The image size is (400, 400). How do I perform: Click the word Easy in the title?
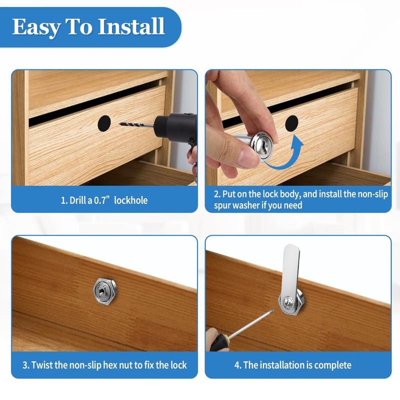click(x=35, y=27)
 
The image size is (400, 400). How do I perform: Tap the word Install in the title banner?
click(x=131, y=26)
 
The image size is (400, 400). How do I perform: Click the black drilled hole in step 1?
click(x=104, y=123)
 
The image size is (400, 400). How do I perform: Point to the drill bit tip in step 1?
click(x=120, y=124)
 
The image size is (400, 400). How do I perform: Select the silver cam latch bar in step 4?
click(x=291, y=278)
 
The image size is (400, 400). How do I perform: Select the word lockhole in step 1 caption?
click(x=131, y=200)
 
